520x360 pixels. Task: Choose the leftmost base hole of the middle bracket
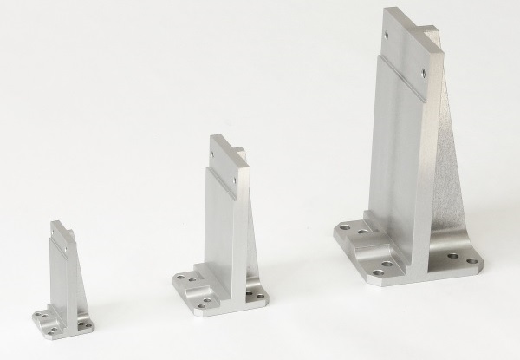(180, 278)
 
